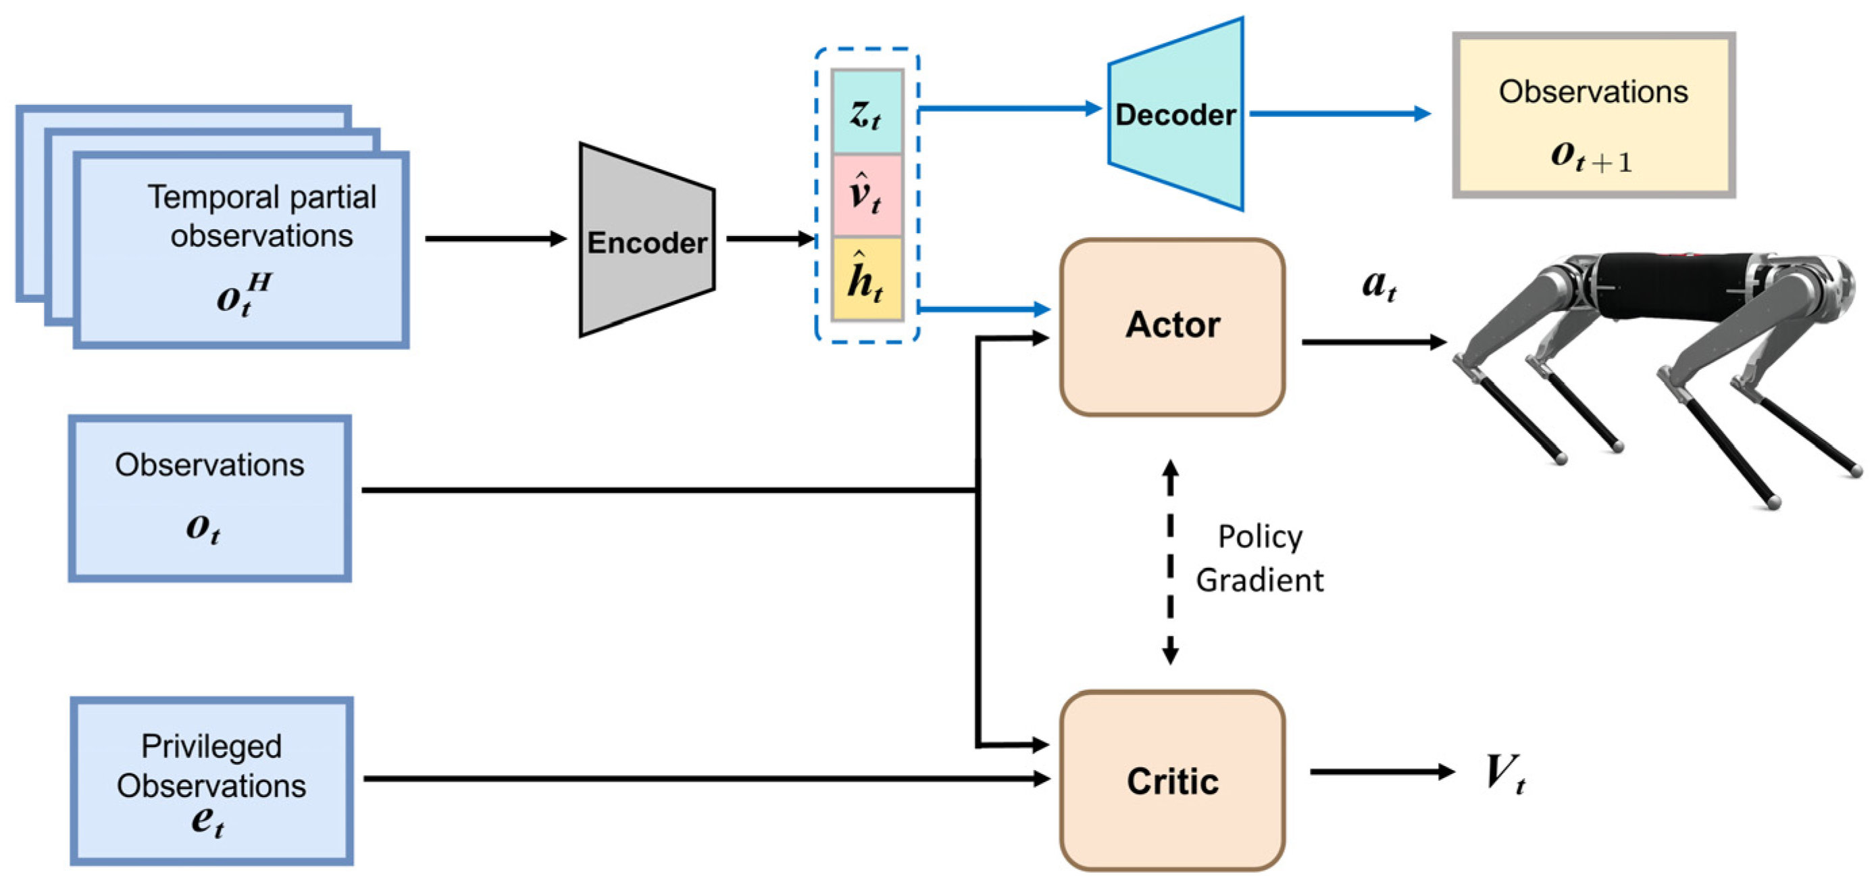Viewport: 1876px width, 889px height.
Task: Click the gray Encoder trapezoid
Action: pos(647,241)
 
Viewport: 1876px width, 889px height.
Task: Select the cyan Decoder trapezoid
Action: pos(1175,114)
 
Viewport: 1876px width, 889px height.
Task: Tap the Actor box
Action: pos(1173,327)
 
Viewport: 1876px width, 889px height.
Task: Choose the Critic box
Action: pos(1173,780)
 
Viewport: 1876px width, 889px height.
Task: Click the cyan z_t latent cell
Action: pos(867,112)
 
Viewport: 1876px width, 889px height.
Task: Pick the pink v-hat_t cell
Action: pos(867,195)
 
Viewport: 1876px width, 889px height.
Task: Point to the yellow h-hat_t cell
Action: pos(867,279)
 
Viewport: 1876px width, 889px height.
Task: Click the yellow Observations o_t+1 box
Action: pos(1594,114)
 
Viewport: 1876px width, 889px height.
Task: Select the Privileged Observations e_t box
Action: pos(212,780)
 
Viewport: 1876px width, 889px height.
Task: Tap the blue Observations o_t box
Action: pos(209,498)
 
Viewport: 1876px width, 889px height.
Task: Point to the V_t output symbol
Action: pos(1504,773)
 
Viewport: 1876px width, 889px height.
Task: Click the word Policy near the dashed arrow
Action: pos(1260,536)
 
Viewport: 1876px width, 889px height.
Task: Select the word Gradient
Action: pos(1260,581)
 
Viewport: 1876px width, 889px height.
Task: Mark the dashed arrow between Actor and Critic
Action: pos(1170,562)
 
